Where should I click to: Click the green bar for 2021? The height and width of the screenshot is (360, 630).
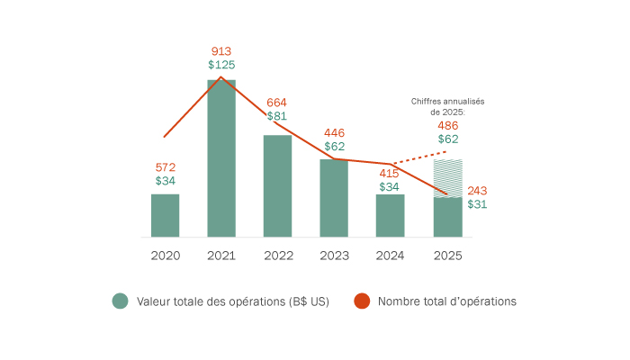click(x=221, y=158)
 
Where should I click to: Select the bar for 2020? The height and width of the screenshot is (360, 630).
click(x=165, y=215)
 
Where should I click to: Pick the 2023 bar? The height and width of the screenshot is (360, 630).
click(x=334, y=198)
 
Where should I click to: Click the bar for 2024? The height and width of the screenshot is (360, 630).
click(x=390, y=215)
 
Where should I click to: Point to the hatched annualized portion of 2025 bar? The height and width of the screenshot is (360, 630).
click(x=447, y=176)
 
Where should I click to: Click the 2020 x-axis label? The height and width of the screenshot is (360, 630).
click(x=165, y=256)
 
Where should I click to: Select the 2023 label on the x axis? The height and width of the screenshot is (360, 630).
click(x=334, y=256)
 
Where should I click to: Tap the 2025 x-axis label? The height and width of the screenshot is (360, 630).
click(x=447, y=256)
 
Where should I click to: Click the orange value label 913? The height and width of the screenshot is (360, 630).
click(x=221, y=51)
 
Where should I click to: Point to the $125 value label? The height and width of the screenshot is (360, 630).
click(x=221, y=65)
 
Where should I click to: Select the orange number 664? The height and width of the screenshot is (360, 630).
click(x=277, y=102)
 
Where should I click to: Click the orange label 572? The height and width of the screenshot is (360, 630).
click(x=165, y=167)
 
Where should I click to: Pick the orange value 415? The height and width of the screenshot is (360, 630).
click(x=390, y=173)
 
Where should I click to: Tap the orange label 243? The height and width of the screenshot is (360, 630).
click(x=478, y=190)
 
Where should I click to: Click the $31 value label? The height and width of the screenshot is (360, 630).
click(x=478, y=204)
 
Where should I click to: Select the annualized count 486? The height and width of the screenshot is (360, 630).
click(x=447, y=125)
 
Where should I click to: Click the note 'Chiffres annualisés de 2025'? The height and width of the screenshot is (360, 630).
click(x=447, y=106)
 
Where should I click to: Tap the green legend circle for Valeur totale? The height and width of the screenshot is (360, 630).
click(x=121, y=301)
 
